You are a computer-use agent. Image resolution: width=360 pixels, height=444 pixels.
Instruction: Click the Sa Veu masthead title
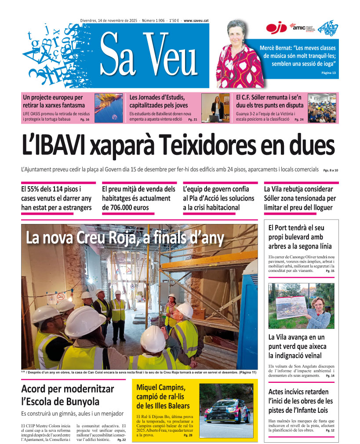tap(149, 55)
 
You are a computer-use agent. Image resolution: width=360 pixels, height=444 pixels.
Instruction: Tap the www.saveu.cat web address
tap(196, 20)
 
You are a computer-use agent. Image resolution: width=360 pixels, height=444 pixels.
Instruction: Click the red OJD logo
tap(276, 28)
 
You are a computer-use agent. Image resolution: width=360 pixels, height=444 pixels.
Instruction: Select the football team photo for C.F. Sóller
tap(322, 108)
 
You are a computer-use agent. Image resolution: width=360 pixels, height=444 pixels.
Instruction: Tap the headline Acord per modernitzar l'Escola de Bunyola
tap(67, 395)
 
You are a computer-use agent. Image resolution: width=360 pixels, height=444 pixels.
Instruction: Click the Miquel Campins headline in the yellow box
tap(163, 396)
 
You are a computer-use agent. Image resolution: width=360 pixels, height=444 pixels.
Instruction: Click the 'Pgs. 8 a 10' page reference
tap(331, 170)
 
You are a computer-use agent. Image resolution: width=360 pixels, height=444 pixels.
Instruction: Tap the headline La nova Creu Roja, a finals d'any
tap(125, 238)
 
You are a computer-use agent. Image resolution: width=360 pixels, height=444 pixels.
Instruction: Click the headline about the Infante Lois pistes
tap(301, 401)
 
